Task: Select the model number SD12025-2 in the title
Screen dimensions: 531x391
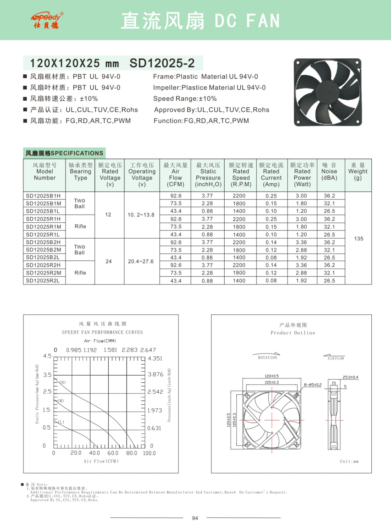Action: coord(162,63)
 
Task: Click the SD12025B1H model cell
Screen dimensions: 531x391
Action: coord(43,196)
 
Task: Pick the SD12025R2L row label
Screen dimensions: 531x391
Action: coord(43,281)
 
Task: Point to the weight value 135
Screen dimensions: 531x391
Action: coord(358,239)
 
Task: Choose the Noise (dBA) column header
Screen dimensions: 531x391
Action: coord(329,171)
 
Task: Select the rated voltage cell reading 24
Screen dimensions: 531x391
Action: coord(109,261)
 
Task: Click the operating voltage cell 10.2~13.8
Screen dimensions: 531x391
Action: coord(141,215)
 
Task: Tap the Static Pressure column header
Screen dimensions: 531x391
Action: coord(208,175)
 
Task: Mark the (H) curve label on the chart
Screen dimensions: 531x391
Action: coord(63,382)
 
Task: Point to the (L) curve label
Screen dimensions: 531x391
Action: coord(61,422)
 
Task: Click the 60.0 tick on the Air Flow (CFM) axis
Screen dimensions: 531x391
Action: coord(113,453)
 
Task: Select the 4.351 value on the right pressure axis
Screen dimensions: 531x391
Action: coord(155,359)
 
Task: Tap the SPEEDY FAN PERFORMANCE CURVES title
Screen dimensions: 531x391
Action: coord(102,332)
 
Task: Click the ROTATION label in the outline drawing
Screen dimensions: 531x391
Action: coord(267,357)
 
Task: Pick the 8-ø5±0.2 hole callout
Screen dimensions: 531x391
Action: coord(312,385)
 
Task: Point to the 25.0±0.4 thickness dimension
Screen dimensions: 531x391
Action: coord(350,377)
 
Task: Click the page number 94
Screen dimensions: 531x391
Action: coord(195,518)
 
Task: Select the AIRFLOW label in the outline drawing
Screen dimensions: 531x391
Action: coord(336,359)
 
